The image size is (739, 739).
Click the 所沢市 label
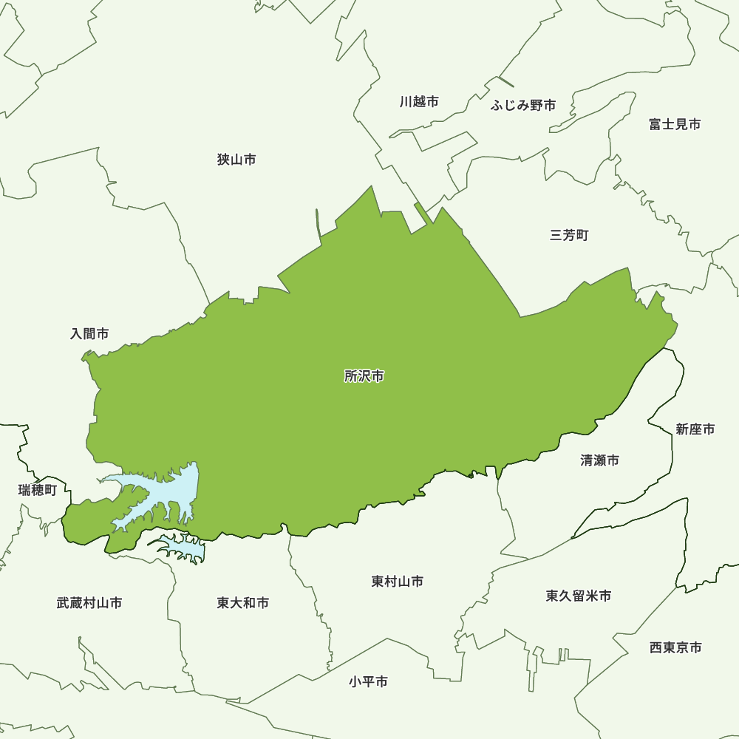tap(364, 376)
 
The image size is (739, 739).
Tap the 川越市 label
tap(419, 102)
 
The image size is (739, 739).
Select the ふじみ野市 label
tap(523, 106)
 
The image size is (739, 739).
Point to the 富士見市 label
tap(675, 124)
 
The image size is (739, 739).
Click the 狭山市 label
tap(236, 160)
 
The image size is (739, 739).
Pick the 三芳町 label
tap(569, 236)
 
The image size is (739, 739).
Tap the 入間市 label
tap(89, 334)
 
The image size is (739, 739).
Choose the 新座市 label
tap(695, 429)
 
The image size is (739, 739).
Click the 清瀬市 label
tap(599, 460)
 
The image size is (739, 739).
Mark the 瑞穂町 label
tap(37, 489)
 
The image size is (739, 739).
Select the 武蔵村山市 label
tap(89, 603)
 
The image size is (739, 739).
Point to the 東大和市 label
tap(243, 603)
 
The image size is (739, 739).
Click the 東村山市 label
tap(398, 582)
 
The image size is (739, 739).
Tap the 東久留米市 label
tap(579, 596)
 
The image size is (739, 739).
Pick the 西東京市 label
tap(675, 648)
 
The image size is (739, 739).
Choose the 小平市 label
tap(368, 682)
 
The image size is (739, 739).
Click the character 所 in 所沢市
tap(351, 376)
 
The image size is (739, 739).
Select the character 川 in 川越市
tap(406, 102)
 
